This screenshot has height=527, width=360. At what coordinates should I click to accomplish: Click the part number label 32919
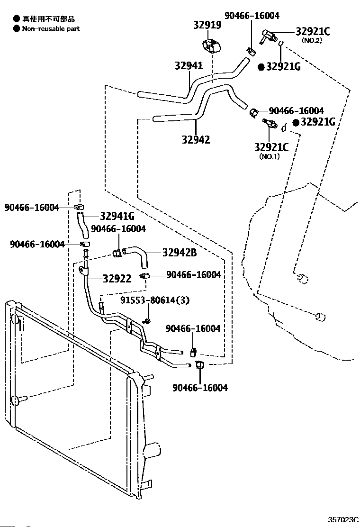pos(207,25)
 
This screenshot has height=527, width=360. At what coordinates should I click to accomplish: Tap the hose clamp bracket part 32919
pos(212,46)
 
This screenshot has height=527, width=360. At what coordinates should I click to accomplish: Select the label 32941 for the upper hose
pos(189,65)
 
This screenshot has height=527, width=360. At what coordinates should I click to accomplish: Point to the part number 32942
pos(196,139)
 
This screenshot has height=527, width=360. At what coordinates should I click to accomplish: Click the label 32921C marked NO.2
pos(313,32)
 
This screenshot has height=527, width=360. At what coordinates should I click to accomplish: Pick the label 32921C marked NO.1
pos(271,147)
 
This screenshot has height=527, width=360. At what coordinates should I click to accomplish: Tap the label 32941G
pos(117,216)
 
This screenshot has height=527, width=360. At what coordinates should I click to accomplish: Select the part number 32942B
pos(180,253)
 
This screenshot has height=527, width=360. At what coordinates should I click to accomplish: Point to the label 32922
pos(117,279)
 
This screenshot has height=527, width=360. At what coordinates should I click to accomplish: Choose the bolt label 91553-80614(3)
pos(155,300)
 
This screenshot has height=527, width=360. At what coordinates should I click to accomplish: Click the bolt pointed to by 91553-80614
pos(147,321)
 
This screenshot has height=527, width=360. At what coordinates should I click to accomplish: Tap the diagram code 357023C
pos(343,520)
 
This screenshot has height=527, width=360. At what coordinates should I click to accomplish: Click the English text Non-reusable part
pos(51,28)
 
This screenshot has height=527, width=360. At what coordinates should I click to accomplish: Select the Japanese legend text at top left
pos(48,19)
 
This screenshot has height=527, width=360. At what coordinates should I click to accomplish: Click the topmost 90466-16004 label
pos(252,16)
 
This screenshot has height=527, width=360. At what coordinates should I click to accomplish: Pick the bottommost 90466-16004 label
pos(200,388)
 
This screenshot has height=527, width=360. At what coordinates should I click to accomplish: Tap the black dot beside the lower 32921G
pos(296,123)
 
